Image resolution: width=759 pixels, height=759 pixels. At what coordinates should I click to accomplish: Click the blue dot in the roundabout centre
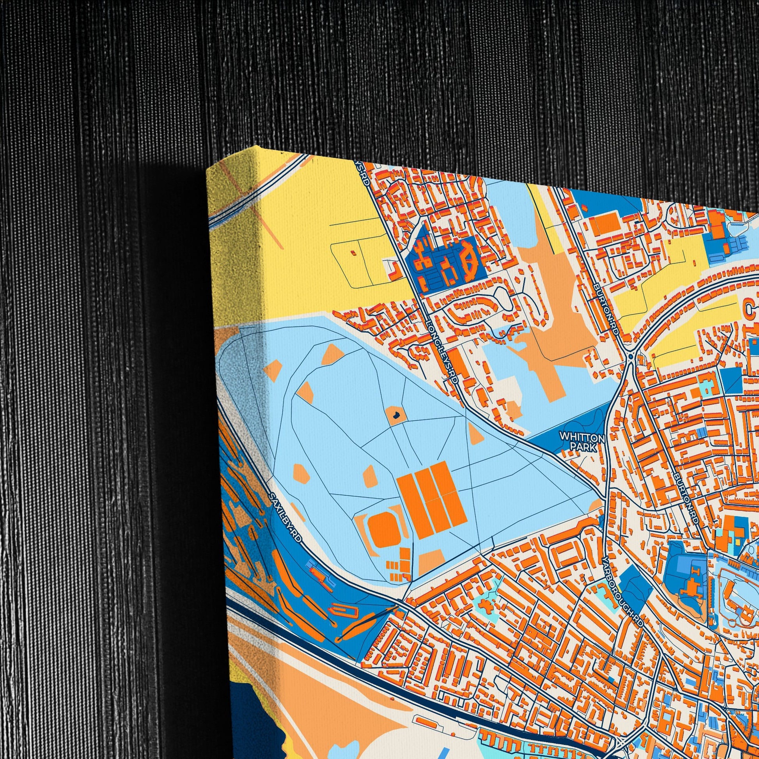[631, 356]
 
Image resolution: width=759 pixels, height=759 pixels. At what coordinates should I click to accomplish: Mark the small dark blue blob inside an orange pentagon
[396, 414]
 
